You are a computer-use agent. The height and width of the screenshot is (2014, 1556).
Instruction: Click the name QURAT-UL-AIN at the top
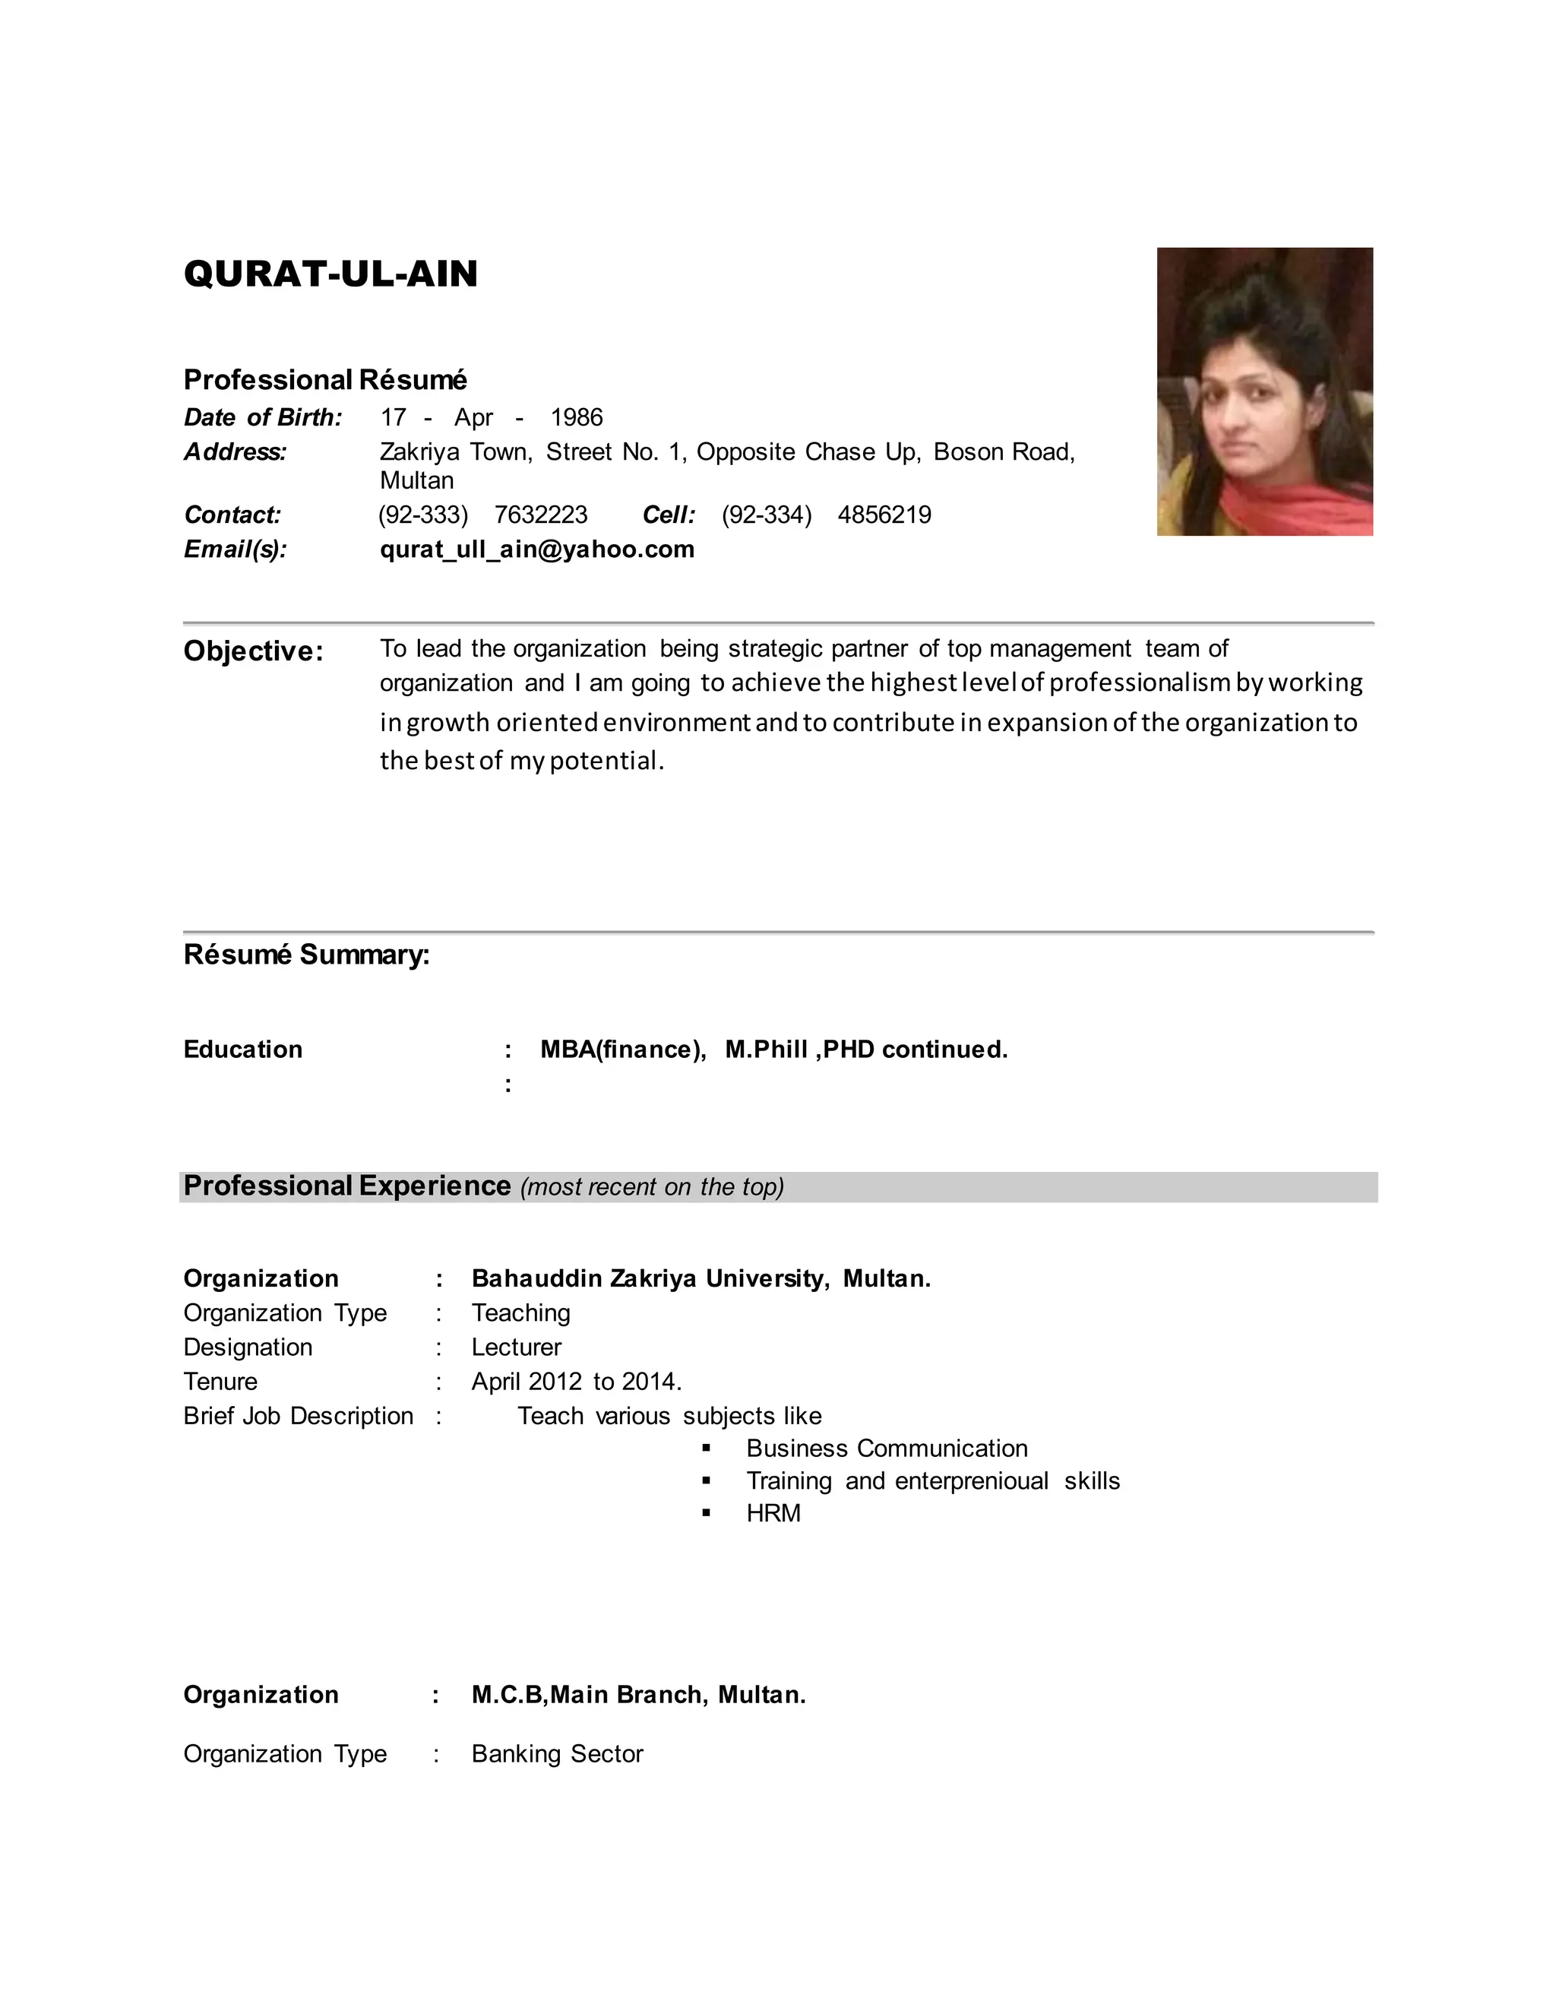coord(330,274)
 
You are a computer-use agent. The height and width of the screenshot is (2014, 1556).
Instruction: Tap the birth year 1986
coord(576,418)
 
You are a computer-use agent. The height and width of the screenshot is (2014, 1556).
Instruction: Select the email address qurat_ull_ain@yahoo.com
coord(536,549)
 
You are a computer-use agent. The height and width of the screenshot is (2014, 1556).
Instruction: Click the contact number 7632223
coord(540,515)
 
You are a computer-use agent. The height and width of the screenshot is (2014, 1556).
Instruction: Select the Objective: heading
coord(254,651)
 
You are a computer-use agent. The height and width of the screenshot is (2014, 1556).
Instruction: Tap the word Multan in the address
coord(416,480)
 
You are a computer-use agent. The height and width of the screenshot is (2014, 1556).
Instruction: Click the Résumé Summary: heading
coord(306,955)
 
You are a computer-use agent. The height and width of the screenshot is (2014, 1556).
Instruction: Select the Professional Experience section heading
coord(346,1186)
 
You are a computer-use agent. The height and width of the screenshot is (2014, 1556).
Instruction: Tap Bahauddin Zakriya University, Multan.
coord(701,1278)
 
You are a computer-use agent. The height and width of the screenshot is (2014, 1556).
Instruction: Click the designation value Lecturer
coord(516,1347)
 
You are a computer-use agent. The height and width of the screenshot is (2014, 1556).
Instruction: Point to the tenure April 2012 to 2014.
coord(576,1382)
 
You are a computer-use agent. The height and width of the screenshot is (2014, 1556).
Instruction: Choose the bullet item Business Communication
coord(887,1449)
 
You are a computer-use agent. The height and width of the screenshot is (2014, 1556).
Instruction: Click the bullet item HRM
coord(773,1513)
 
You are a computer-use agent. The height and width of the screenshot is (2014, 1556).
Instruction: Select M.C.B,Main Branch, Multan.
coord(638,1695)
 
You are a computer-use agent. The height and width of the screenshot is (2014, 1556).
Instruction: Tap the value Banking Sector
coord(557,1754)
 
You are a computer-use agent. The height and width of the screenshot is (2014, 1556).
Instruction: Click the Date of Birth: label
coord(263,418)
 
